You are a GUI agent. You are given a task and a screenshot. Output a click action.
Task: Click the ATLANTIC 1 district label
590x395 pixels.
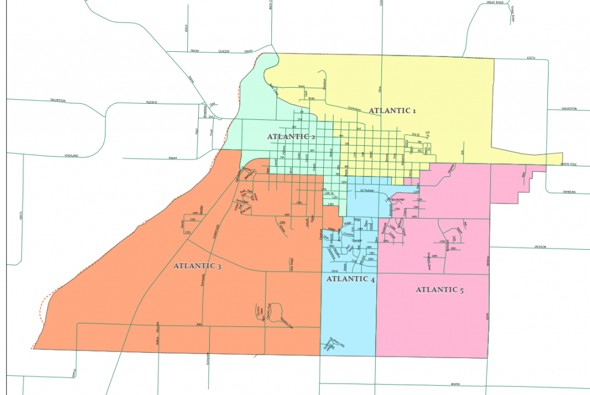[x=392, y=110]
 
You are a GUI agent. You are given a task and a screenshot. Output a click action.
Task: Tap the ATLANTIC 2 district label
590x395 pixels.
[x=292, y=137]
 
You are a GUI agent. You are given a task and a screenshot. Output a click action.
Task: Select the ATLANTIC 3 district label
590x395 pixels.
[x=197, y=266]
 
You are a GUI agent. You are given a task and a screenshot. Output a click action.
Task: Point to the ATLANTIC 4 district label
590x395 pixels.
[x=350, y=279]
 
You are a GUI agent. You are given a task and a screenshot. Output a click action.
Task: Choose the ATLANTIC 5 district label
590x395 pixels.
[x=440, y=290]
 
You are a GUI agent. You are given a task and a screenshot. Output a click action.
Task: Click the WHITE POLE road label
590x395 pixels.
[x=570, y=164]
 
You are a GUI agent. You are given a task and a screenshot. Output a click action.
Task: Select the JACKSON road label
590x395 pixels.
[x=539, y=247]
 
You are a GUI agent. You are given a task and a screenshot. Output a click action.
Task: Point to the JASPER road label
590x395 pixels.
[x=458, y=384]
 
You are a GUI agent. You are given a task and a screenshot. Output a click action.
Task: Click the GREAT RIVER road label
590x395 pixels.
[x=495, y=2]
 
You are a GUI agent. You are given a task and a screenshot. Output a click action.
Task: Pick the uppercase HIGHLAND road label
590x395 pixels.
[x=71, y=156]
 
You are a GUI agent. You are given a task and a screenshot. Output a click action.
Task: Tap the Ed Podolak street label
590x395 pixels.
[x=368, y=190]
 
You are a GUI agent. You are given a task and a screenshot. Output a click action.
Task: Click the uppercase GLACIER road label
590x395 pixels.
[x=224, y=51]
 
